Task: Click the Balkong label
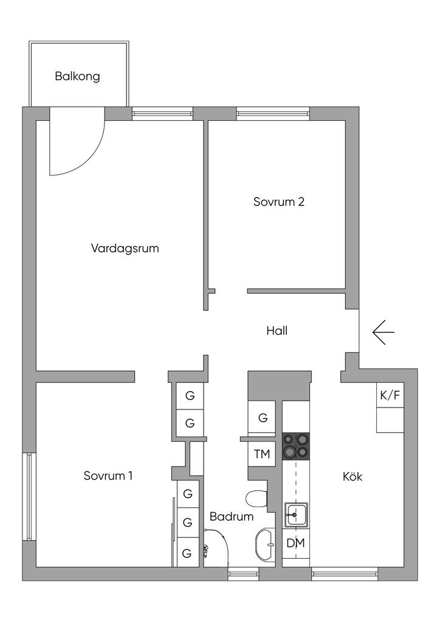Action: pyautogui.click(x=77, y=77)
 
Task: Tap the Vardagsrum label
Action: pyautogui.click(x=125, y=248)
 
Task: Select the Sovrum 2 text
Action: pyautogui.click(x=278, y=202)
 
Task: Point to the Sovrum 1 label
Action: pyautogui.click(x=108, y=476)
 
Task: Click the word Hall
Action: pyautogui.click(x=277, y=331)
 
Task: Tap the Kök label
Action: pyautogui.click(x=352, y=477)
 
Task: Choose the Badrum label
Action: pyautogui.click(x=231, y=517)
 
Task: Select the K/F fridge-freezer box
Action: pyautogui.click(x=390, y=395)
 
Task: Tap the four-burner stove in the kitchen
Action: pyautogui.click(x=296, y=447)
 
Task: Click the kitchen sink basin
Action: pyautogui.click(x=296, y=514)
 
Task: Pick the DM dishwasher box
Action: pyautogui.click(x=296, y=543)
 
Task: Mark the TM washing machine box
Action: pyautogui.click(x=263, y=453)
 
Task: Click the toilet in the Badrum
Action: pyautogui.click(x=258, y=499)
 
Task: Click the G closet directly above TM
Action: pyautogui.click(x=263, y=418)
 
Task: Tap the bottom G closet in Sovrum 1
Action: pyautogui.click(x=188, y=553)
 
